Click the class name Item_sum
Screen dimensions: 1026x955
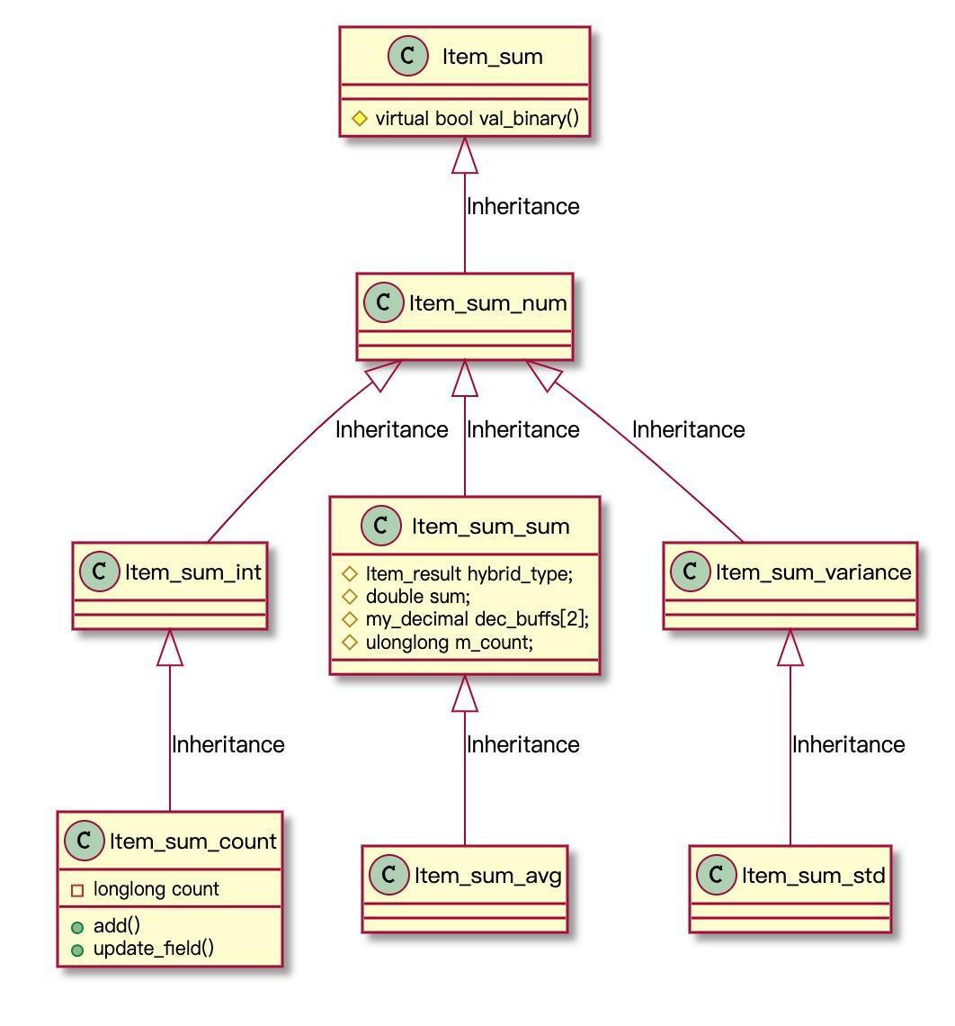tap(492, 57)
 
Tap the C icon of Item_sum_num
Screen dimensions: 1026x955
tap(385, 302)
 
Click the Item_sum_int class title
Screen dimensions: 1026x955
tap(193, 571)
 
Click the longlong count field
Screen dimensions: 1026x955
tap(156, 889)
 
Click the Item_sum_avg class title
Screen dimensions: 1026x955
tap(487, 875)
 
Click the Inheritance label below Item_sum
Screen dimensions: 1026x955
tap(522, 206)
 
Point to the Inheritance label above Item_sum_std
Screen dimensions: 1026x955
tap(848, 744)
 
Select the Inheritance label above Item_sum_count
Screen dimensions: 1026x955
tap(228, 744)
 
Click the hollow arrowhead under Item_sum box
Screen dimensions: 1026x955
tap(465, 156)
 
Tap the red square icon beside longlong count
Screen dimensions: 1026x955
tap(77, 890)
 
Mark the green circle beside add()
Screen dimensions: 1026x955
tap(77, 927)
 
